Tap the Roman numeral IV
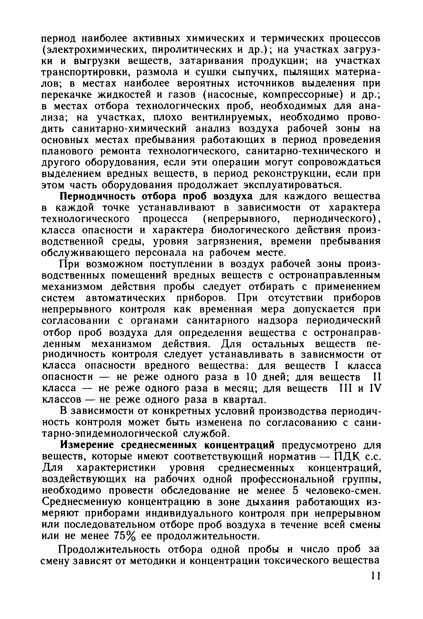coord(375,389)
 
